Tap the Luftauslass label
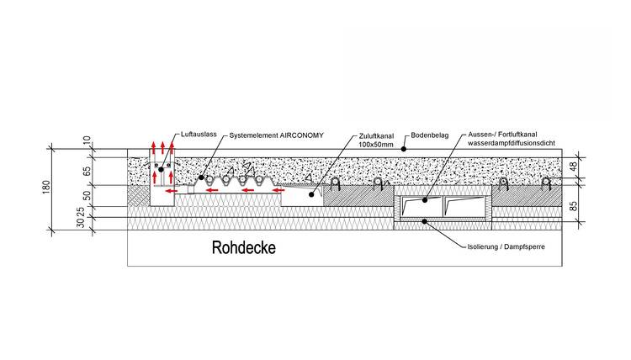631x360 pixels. [199, 135]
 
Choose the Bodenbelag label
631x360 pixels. [428, 135]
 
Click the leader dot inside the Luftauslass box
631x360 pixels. [161, 170]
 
